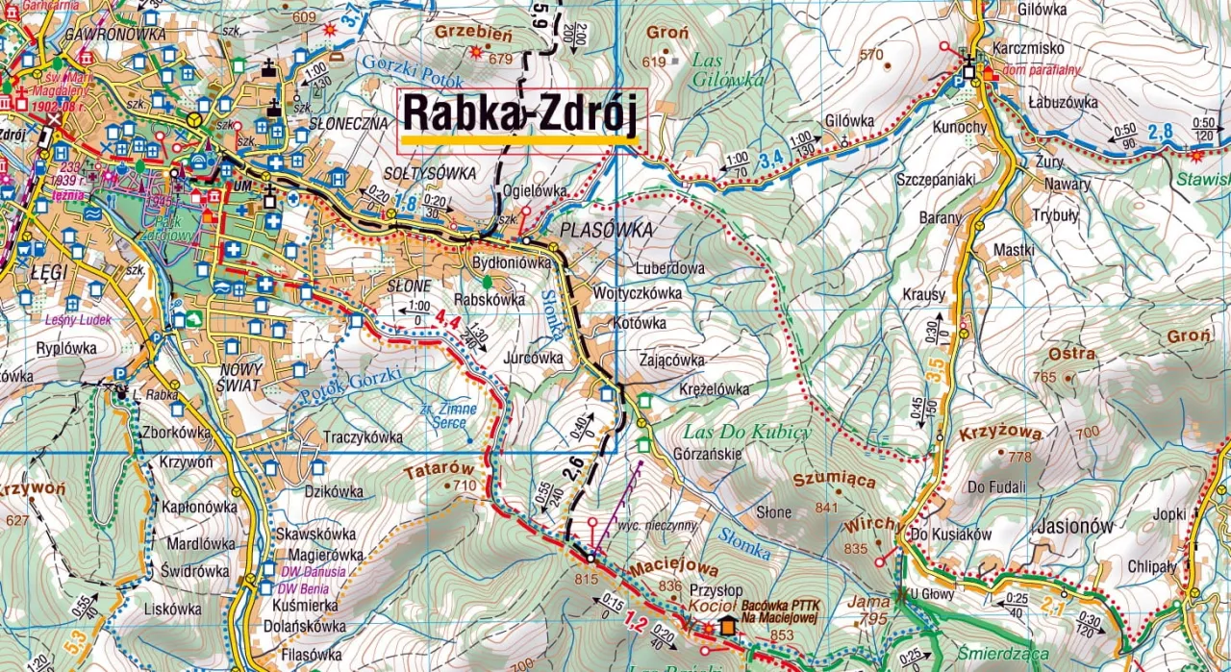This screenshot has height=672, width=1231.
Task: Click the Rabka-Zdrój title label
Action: [520, 112]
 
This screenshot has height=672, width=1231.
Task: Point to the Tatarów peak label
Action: [440, 469]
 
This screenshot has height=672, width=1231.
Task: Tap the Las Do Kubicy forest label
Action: [747, 432]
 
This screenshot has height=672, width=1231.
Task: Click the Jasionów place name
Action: [1075, 526]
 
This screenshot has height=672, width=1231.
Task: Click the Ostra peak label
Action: [1071, 354]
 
